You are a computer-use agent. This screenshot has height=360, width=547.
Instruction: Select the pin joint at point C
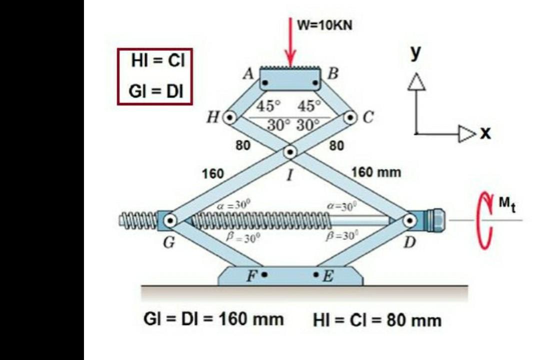(350, 118)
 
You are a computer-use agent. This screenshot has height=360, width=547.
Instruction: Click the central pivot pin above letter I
(290, 151)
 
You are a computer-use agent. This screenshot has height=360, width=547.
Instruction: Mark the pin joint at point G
(170, 219)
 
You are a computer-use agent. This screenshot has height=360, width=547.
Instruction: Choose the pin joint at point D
(410, 219)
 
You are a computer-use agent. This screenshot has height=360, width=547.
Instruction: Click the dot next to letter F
(265, 275)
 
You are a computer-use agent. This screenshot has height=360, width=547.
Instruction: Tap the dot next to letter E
(316, 275)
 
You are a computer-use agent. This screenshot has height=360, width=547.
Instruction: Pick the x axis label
(485, 133)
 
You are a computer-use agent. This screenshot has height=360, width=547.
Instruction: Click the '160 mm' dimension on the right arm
(376, 173)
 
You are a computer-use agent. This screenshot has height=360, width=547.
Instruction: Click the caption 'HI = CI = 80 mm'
(377, 320)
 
